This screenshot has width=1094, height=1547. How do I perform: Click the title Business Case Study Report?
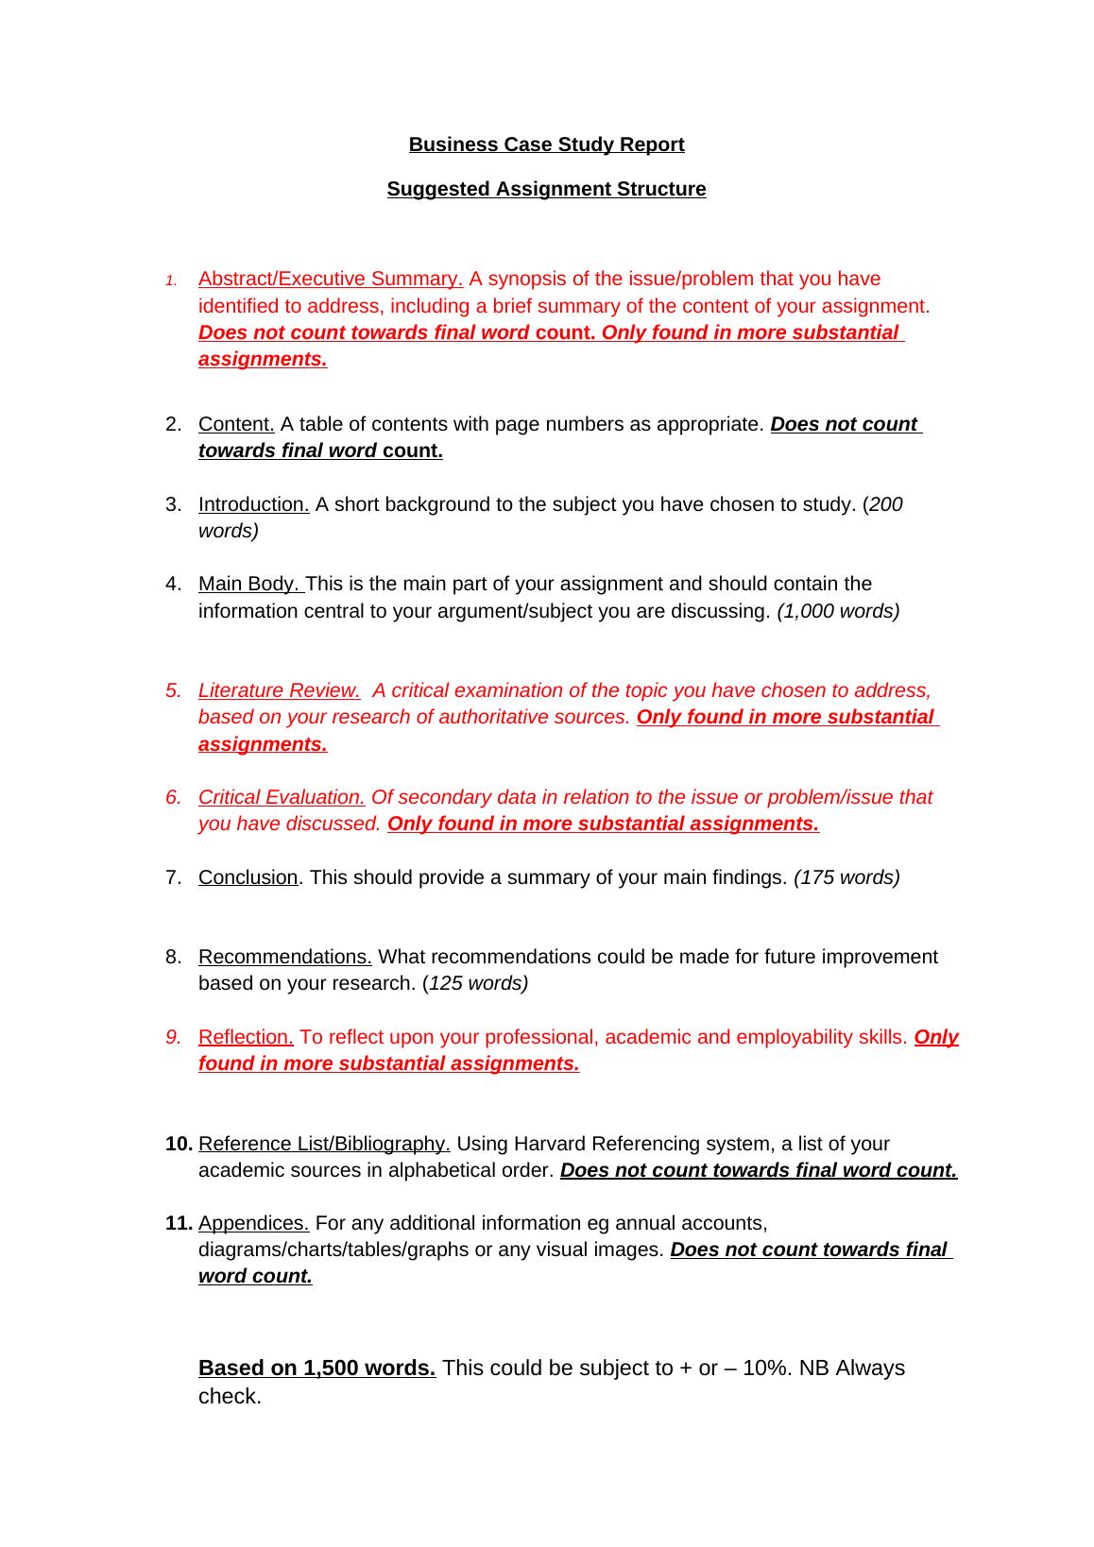(546, 144)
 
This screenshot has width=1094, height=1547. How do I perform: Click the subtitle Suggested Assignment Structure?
(546, 189)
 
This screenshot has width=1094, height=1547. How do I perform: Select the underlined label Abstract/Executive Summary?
(330, 279)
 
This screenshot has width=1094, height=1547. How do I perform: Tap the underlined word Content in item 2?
(236, 424)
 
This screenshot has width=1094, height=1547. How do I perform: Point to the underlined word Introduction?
(253, 504)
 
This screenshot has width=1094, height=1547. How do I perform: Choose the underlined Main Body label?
(250, 584)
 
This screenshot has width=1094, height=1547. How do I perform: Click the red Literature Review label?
(279, 690)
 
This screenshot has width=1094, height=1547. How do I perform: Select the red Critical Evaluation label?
(282, 797)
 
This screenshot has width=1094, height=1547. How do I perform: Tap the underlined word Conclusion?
(248, 877)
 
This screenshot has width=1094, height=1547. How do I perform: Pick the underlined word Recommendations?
(284, 957)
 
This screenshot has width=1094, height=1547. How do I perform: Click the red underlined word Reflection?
(246, 1037)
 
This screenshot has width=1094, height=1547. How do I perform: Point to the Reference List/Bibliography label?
(324, 1144)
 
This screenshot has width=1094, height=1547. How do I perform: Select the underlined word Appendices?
(253, 1223)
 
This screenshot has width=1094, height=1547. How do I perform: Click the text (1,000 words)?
(838, 611)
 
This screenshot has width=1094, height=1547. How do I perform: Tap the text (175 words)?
(846, 877)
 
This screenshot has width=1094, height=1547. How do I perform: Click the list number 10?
(178, 1144)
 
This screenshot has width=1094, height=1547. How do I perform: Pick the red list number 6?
(173, 797)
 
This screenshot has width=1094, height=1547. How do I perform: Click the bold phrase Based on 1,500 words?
(316, 1368)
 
